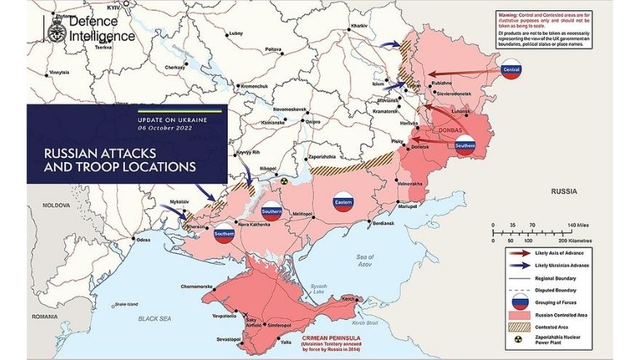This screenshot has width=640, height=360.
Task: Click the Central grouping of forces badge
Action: (511, 70)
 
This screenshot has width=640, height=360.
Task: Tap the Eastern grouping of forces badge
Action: (343, 203)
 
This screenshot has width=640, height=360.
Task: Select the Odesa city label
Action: (143, 239)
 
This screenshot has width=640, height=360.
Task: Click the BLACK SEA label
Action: (156, 319)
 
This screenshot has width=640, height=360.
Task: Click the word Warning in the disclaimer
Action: (507, 14)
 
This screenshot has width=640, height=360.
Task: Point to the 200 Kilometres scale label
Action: (575, 240)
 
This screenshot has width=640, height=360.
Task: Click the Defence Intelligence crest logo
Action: (56, 30)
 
